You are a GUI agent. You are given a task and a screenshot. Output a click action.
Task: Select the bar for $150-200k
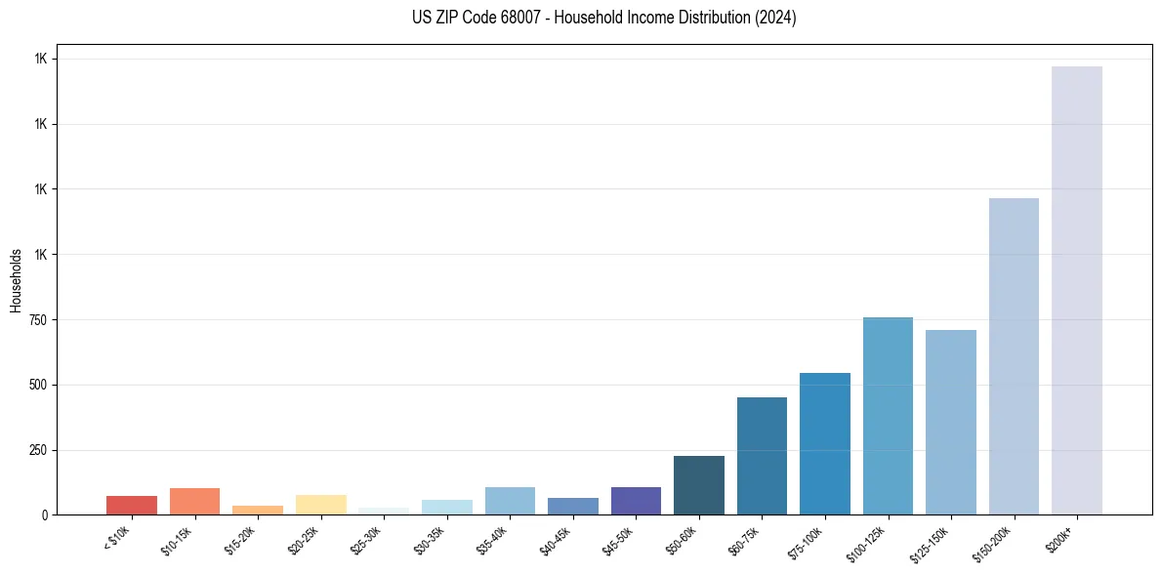click(1014, 356)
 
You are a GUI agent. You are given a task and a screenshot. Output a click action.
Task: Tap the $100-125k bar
click(888, 416)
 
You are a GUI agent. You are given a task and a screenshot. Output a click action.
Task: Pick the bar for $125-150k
click(950, 422)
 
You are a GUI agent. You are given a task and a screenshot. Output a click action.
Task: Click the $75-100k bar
click(824, 443)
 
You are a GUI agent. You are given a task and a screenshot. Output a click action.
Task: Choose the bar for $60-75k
click(762, 456)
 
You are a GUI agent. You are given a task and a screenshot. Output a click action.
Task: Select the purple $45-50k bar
click(636, 501)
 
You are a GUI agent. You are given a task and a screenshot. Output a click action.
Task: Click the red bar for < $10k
click(132, 506)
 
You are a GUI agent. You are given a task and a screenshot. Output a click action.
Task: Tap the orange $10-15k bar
click(194, 502)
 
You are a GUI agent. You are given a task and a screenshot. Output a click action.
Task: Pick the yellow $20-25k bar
click(320, 505)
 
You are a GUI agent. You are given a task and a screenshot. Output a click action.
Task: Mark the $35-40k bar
click(510, 501)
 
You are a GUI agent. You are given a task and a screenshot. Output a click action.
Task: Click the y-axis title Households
click(16, 280)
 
